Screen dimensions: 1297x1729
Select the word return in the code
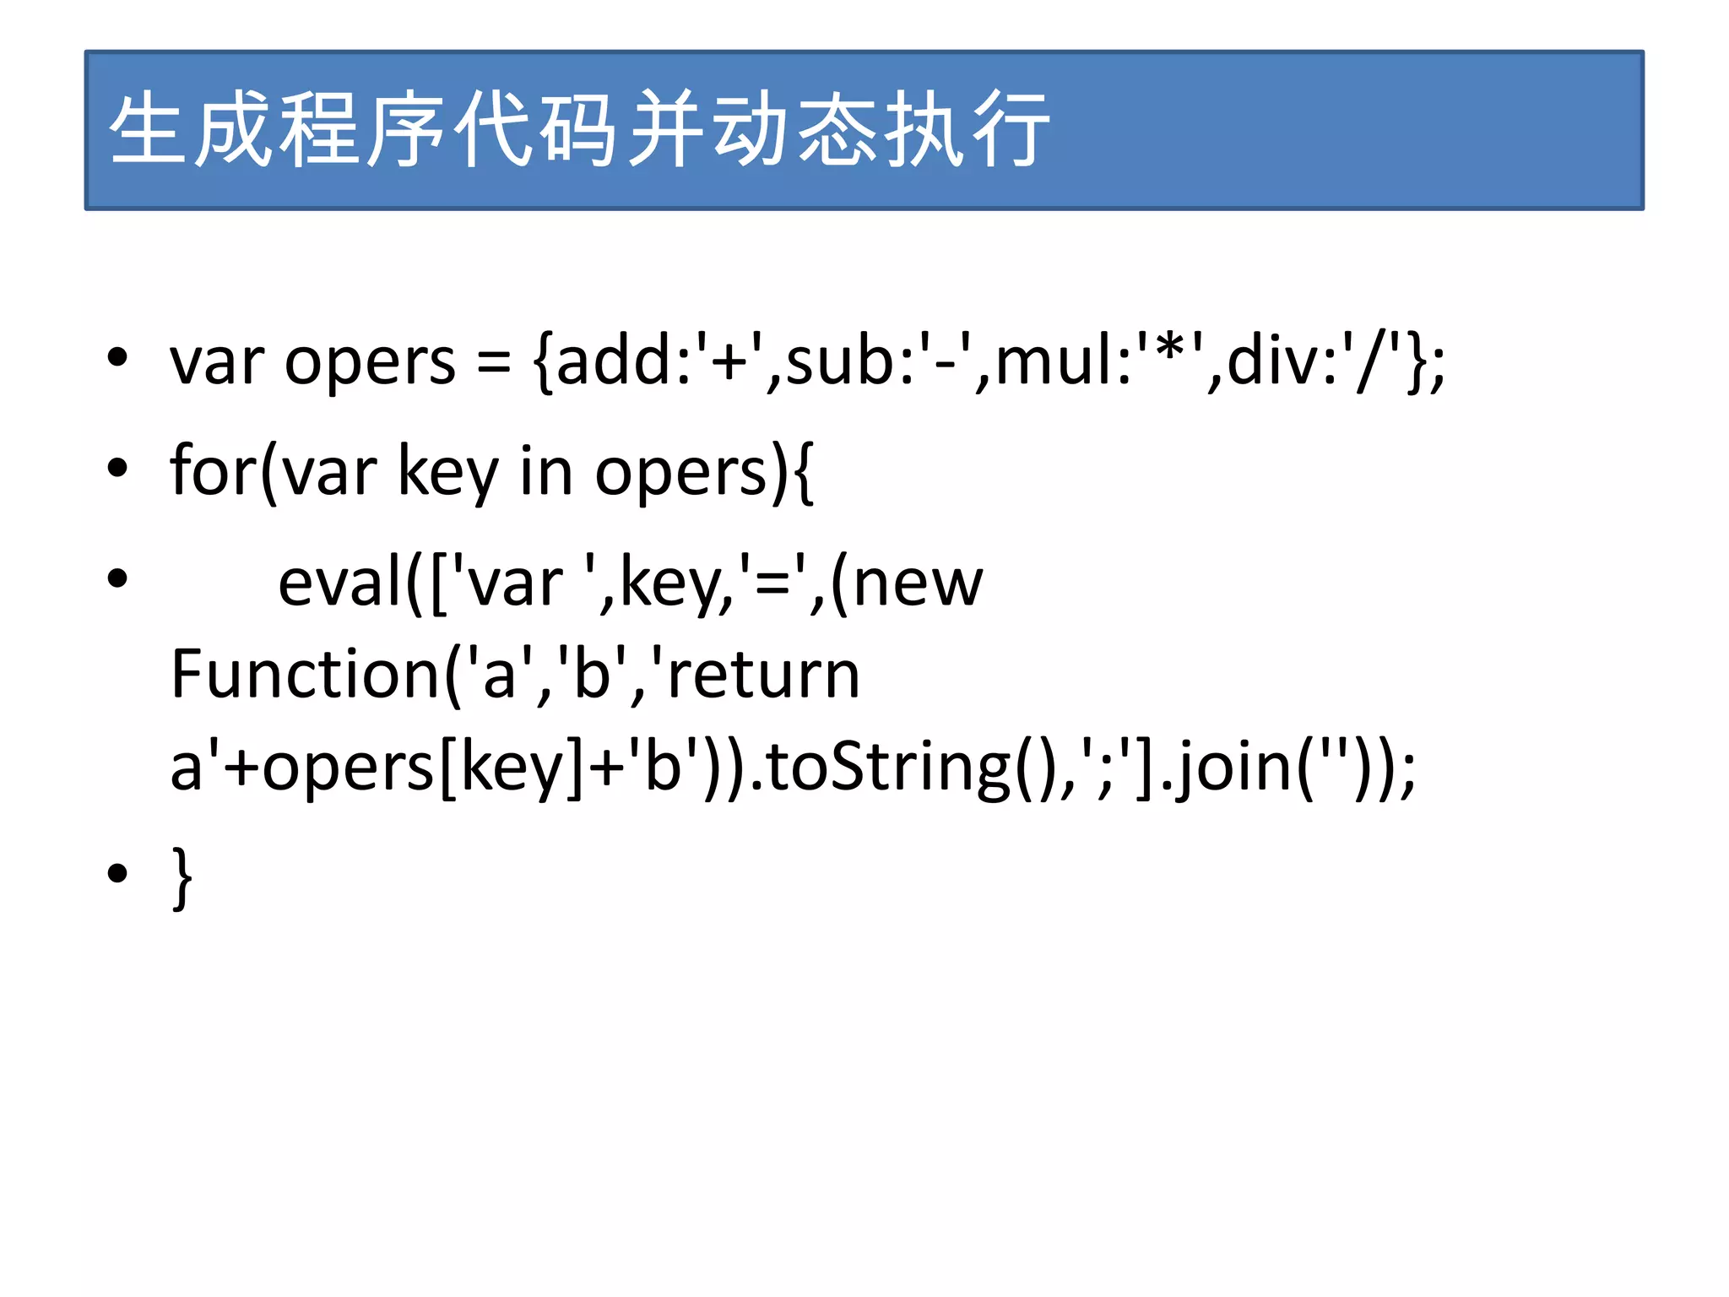(x=764, y=675)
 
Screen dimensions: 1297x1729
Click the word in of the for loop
(x=545, y=470)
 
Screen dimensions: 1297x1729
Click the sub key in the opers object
(x=838, y=361)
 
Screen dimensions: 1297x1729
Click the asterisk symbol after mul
(x=1171, y=348)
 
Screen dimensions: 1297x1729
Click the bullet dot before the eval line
(x=117, y=578)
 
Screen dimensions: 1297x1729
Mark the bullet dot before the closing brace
(x=117, y=873)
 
